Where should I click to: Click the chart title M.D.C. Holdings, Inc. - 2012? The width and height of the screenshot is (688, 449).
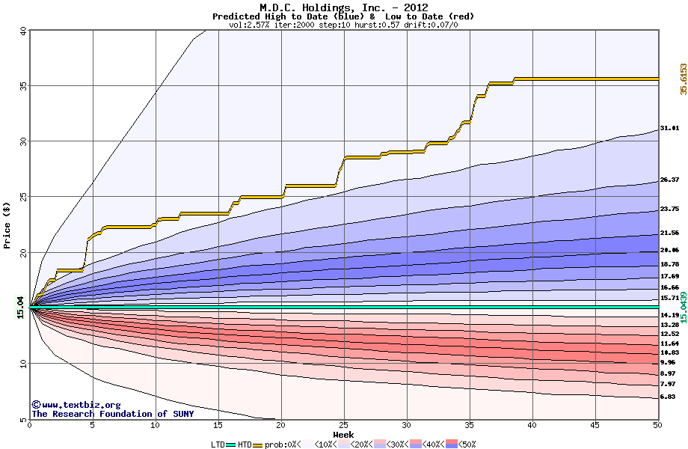pos(343,7)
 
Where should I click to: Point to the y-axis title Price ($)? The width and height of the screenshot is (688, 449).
pos(7,224)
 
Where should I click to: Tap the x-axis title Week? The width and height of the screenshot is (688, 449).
pos(343,435)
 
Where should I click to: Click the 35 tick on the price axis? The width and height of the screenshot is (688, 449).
pos(22,86)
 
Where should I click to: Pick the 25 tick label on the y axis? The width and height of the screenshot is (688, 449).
pos(22,197)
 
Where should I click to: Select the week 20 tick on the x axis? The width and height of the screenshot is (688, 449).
pos(280,426)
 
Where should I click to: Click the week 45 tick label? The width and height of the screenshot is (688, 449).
pos(595,426)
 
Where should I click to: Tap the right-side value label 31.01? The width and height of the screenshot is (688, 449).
pos(669,129)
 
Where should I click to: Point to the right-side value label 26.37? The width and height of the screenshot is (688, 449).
pos(669,180)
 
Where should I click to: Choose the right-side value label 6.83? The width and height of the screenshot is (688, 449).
pos(668,397)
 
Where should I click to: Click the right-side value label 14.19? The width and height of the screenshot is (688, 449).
pos(669,315)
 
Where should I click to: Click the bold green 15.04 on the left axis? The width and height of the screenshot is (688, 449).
pos(20,307)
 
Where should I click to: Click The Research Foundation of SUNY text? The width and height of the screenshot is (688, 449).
pos(111,414)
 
